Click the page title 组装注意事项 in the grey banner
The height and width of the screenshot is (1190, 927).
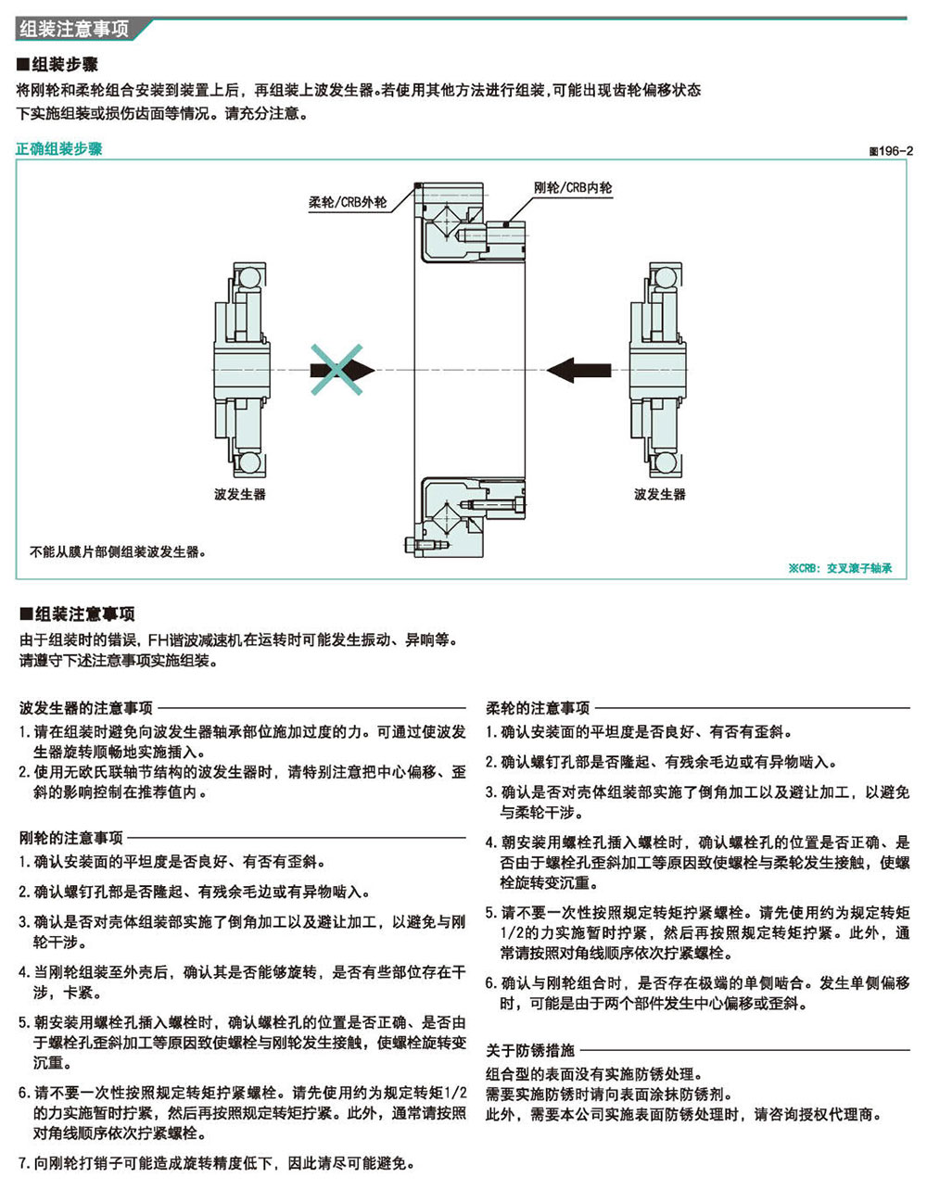point(74,29)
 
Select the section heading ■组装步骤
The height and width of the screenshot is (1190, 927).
point(57,65)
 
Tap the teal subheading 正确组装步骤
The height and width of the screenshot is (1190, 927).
point(59,149)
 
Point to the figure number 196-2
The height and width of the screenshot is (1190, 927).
point(891,151)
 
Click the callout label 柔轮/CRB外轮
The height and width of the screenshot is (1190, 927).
point(348,203)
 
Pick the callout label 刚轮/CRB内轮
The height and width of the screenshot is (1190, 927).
point(573,188)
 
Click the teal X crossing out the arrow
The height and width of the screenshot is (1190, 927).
point(337,370)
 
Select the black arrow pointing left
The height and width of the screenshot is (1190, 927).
point(578,370)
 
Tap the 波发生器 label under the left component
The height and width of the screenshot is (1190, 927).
point(240,494)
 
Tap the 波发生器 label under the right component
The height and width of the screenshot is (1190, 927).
point(660,494)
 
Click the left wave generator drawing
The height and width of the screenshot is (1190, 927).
point(241,370)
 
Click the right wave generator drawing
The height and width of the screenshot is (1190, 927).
point(657,370)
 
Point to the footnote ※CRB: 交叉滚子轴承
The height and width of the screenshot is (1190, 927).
point(840,568)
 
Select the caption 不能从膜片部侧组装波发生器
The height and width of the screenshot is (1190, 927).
point(118,551)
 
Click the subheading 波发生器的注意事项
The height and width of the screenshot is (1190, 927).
point(86,707)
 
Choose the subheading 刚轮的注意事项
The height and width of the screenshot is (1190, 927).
point(71,837)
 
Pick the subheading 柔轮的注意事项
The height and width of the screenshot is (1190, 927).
point(538,707)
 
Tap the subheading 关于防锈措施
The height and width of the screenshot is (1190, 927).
point(530,1050)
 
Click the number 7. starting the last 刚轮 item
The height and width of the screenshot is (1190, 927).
point(25,1162)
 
